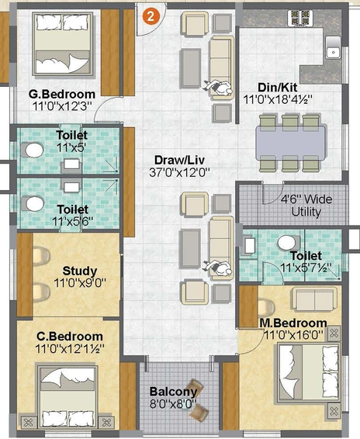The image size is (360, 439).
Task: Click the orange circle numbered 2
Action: pyautogui.click(x=151, y=16)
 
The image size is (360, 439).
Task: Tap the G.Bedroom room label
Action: pyautogui.click(x=62, y=94)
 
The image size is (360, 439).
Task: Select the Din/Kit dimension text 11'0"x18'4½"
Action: pyautogui.click(x=278, y=100)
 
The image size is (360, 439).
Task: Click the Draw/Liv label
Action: pyautogui.click(x=179, y=161)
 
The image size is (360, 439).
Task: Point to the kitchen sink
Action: pyautogui.click(x=333, y=47)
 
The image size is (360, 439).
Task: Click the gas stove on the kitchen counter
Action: pyautogui.click(x=300, y=18)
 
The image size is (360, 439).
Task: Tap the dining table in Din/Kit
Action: pyautogui.click(x=291, y=142)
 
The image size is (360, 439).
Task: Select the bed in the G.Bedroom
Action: pyautogui.click(x=63, y=44)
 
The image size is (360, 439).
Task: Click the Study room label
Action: pyautogui.click(x=80, y=271)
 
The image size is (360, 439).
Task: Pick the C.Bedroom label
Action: pyautogui.click(x=70, y=337)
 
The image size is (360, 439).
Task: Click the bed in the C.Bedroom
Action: pyautogui.click(x=67, y=396)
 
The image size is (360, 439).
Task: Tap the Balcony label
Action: pyautogui.click(x=173, y=392)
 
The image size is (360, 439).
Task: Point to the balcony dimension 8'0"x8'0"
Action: pyautogui.click(x=173, y=404)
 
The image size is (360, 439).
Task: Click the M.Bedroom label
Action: pyautogui.click(x=293, y=323)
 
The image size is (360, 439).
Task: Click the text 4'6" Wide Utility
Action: pyautogui.click(x=306, y=206)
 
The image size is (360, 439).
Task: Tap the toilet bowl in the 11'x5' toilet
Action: pyautogui.click(x=33, y=150)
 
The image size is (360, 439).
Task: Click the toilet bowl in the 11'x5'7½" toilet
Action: pyautogui.click(x=289, y=243)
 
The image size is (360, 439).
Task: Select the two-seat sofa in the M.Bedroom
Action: pyautogui.click(x=313, y=299)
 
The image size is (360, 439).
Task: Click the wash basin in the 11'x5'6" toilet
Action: pyautogui.click(x=71, y=187)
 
